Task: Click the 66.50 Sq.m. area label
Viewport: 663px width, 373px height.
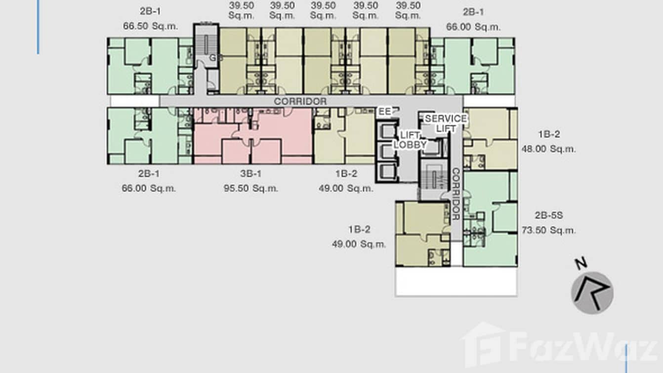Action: tap(151, 27)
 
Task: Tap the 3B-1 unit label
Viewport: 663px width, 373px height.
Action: tap(250, 174)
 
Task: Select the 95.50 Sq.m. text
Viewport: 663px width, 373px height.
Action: tap(250, 188)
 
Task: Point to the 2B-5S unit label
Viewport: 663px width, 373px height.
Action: tap(548, 215)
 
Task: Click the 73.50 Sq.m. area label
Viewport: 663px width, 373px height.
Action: tap(548, 230)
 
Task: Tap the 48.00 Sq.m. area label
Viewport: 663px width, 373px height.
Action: tap(548, 149)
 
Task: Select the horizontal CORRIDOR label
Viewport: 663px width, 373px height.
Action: tap(300, 101)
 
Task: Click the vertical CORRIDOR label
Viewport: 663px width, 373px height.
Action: tap(456, 194)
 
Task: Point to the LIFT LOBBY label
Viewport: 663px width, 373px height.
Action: tap(410, 140)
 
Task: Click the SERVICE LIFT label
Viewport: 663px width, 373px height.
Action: tap(445, 123)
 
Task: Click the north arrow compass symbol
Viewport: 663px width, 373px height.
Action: tap(592, 292)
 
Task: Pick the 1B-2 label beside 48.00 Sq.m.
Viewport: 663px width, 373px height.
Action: tap(548, 134)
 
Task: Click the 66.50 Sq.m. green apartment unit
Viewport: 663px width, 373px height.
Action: tap(149, 66)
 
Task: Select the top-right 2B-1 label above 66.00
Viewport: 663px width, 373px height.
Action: tap(473, 12)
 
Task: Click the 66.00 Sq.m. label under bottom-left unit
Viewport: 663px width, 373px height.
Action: tap(149, 188)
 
